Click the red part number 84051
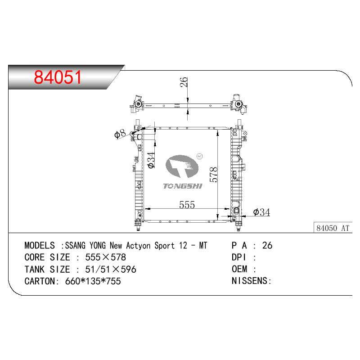[58, 77]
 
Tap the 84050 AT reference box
[333, 228]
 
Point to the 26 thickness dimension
[184, 82]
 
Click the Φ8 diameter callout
[120, 134]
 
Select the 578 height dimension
[213, 175]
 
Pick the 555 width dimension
[187, 205]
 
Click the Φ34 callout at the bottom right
[261, 212]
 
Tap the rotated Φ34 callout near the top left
[151, 160]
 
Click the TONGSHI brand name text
[183, 186]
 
